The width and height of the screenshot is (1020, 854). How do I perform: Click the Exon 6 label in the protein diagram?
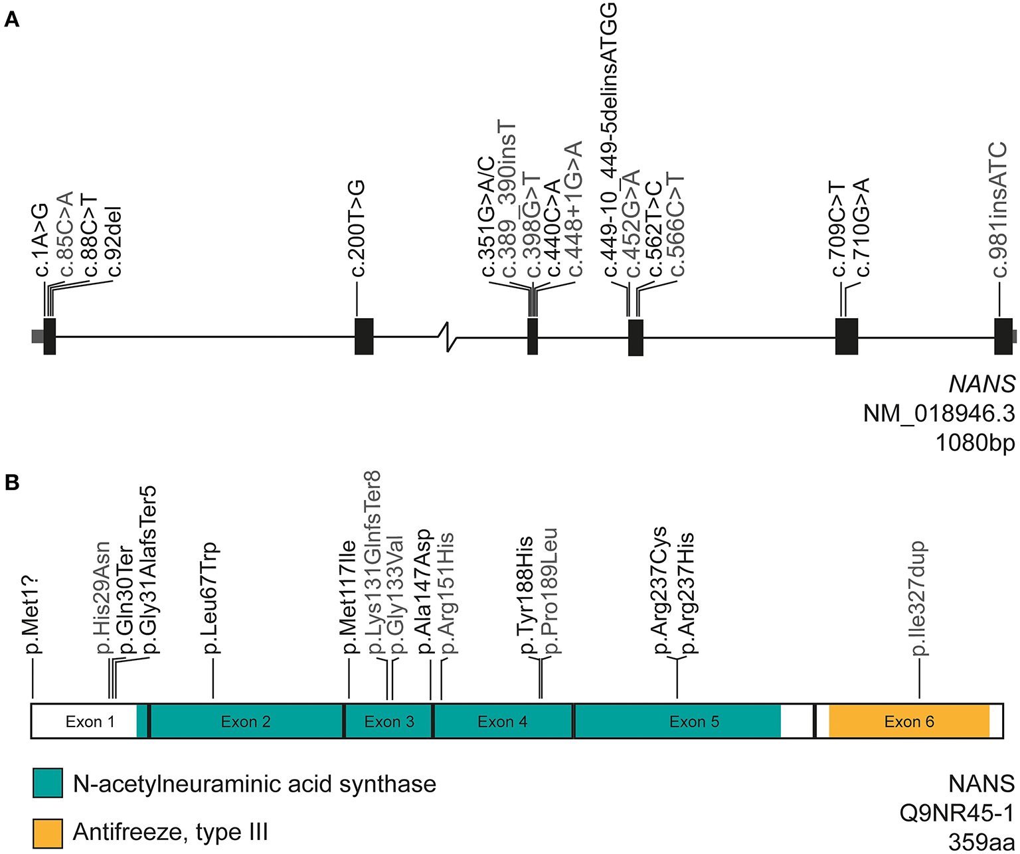tap(908, 722)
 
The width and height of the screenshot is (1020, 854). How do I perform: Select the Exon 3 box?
tap(389, 722)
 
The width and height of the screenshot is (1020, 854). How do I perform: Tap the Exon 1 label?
tap(90, 722)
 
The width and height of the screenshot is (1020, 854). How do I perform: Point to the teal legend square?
tap(48, 783)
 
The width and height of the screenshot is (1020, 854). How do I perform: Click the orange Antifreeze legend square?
tap(48, 833)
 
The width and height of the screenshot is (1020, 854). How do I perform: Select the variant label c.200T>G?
tap(358, 228)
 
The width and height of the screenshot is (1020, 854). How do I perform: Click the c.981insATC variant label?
tap(999, 209)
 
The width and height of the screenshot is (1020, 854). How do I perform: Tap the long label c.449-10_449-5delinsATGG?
tap(609, 139)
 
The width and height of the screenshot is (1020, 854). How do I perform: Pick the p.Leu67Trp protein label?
tap(211, 598)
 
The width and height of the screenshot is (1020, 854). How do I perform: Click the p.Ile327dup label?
tap(919, 598)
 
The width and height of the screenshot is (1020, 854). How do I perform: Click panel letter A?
tap(12, 20)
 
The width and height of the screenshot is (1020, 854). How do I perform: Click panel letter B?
tap(12, 483)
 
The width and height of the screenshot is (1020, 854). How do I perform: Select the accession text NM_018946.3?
tap(938, 414)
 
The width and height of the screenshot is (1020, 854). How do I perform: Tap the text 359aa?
tap(981, 842)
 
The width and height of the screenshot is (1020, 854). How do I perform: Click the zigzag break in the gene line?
tap(450, 336)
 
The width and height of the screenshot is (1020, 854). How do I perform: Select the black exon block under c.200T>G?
tap(364, 337)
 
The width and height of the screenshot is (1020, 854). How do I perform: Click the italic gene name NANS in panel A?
tap(981, 384)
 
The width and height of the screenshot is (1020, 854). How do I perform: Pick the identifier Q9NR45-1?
tap(956, 813)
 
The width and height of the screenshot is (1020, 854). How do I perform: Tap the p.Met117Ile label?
tap(349, 598)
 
